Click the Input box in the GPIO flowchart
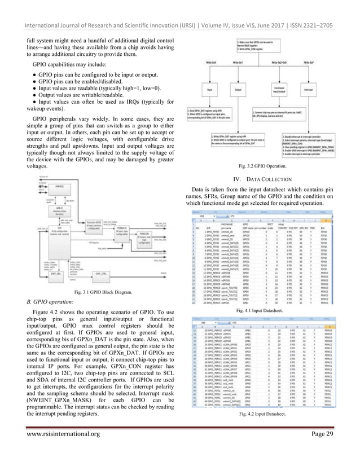coord(210,89)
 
